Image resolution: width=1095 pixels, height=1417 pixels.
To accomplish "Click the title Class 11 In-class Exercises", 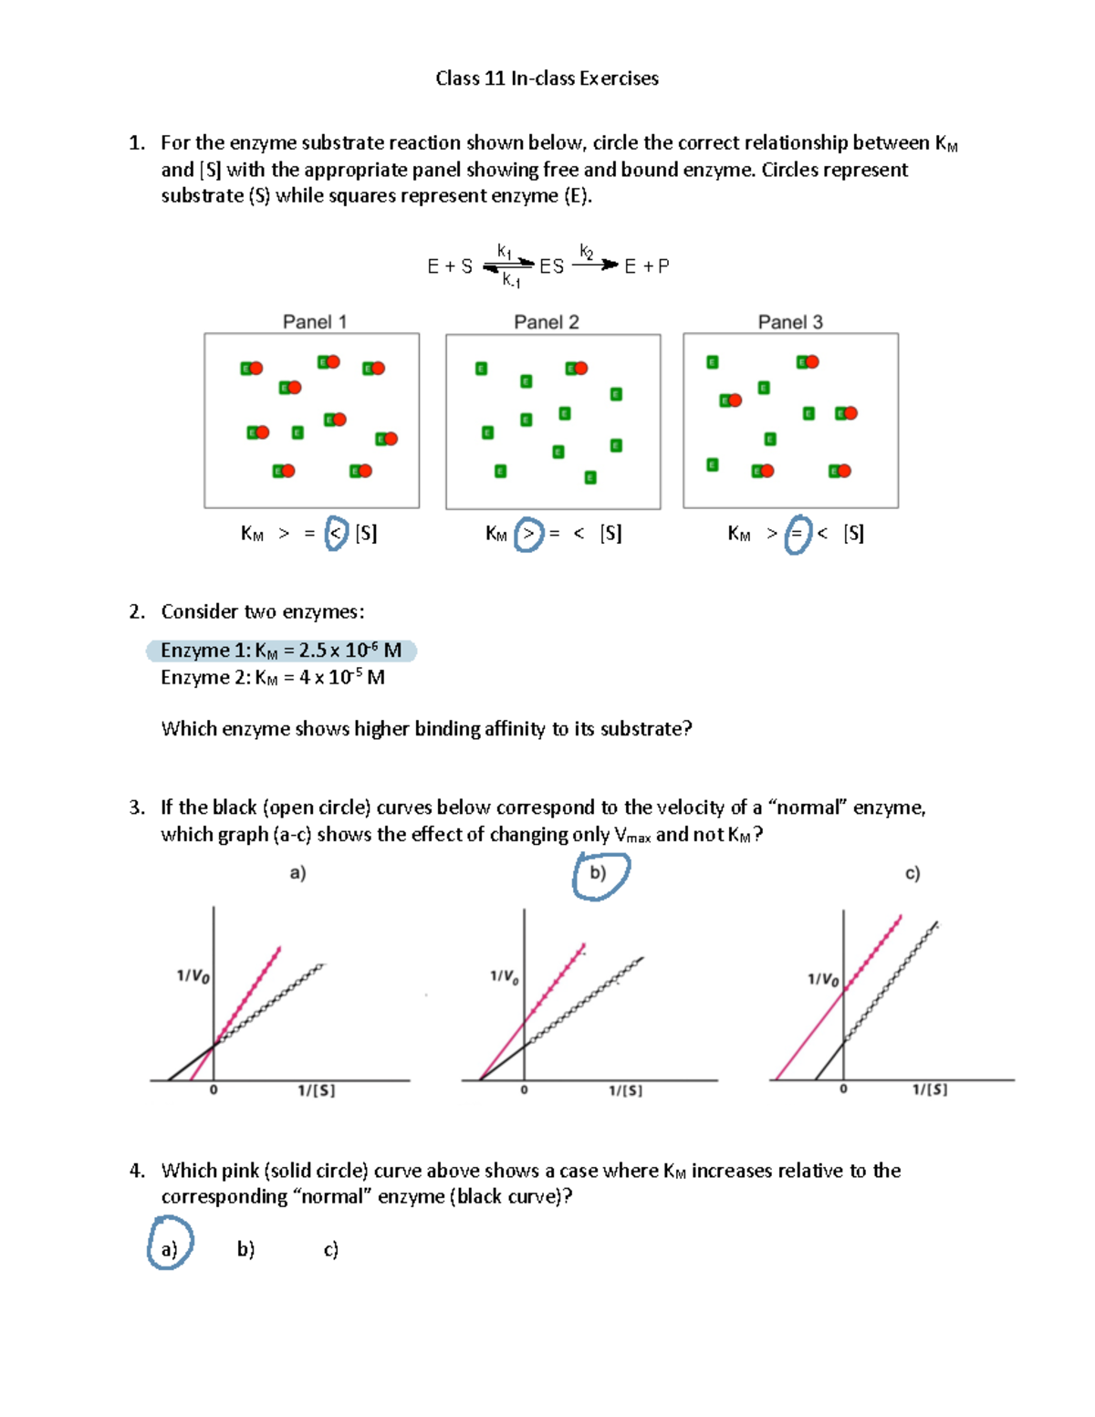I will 547,78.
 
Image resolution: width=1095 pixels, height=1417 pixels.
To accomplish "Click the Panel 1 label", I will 314,321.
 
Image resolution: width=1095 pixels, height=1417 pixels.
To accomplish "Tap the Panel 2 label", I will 546,321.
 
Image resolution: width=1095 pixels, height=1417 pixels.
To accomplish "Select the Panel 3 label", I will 790,321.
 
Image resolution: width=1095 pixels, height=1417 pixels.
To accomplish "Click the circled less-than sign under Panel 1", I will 337,533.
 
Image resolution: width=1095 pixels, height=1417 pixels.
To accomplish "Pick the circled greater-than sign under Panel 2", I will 528,534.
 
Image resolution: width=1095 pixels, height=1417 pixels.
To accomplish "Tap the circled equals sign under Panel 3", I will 797,534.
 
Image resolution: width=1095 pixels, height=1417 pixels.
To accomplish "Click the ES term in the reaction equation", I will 551,266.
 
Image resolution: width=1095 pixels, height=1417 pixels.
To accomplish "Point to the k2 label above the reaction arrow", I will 587,251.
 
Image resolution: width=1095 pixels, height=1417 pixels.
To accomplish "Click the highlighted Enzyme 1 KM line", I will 281,651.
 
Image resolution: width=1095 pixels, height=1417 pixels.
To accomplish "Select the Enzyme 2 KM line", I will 273,677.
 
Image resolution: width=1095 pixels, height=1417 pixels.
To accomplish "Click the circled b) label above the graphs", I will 599,873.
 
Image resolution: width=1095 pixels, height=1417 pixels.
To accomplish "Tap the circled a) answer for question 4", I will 169,1248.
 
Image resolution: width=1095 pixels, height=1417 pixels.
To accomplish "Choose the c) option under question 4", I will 330,1248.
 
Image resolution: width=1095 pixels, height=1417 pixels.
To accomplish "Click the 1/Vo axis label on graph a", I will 193,976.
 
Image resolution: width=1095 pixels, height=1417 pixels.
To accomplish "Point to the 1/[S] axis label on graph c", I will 930,1089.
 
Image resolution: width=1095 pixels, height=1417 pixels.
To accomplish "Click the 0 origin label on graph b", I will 524,1090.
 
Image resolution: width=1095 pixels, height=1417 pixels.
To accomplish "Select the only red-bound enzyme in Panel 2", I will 576,369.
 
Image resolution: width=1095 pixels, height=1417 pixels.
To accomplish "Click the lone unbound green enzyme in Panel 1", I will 297,432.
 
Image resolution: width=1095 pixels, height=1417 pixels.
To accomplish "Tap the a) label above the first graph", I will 297,873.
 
